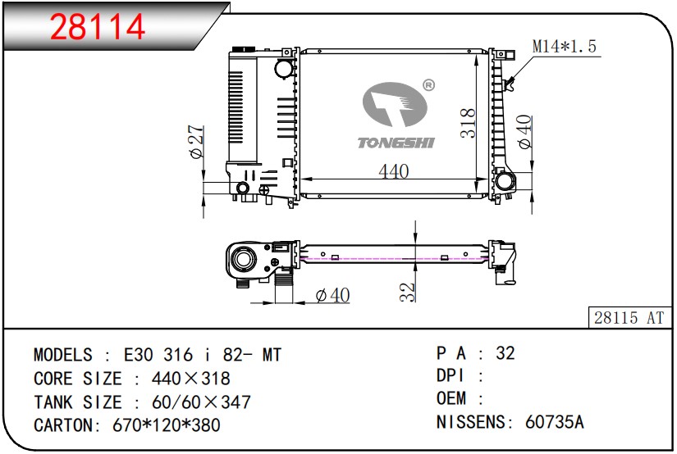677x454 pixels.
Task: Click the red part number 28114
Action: pos(98,27)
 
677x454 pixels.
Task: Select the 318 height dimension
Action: pos(468,123)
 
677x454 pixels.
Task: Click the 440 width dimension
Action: pos(393,171)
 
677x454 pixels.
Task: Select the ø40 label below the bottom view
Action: pos(332,294)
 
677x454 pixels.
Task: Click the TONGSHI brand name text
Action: pos(396,143)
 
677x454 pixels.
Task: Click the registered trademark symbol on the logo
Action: pos(428,84)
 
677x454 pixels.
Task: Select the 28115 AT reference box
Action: pos(628,317)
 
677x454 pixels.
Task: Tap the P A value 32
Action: pos(505,353)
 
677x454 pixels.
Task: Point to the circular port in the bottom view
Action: pos(244,261)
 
